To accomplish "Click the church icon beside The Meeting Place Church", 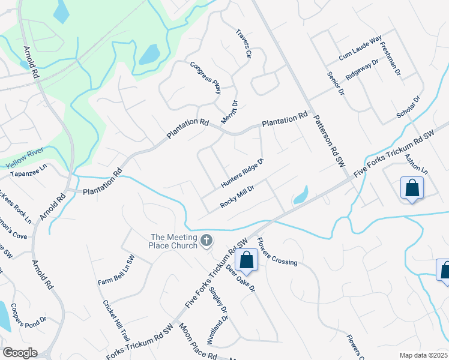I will point(206,241).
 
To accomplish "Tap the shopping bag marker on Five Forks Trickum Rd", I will point(246,260).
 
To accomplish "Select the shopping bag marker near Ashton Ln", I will point(412,188).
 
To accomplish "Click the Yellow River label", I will point(26,158).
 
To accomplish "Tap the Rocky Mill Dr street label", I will point(238,196).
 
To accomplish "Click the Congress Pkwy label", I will point(206,78).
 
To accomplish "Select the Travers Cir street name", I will point(243,43).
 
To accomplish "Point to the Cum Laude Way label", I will point(360,48).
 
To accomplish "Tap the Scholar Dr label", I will point(408,107).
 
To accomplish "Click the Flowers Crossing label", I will point(277,251).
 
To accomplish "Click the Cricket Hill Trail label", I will point(116,321).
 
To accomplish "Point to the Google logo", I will point(20,353).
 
